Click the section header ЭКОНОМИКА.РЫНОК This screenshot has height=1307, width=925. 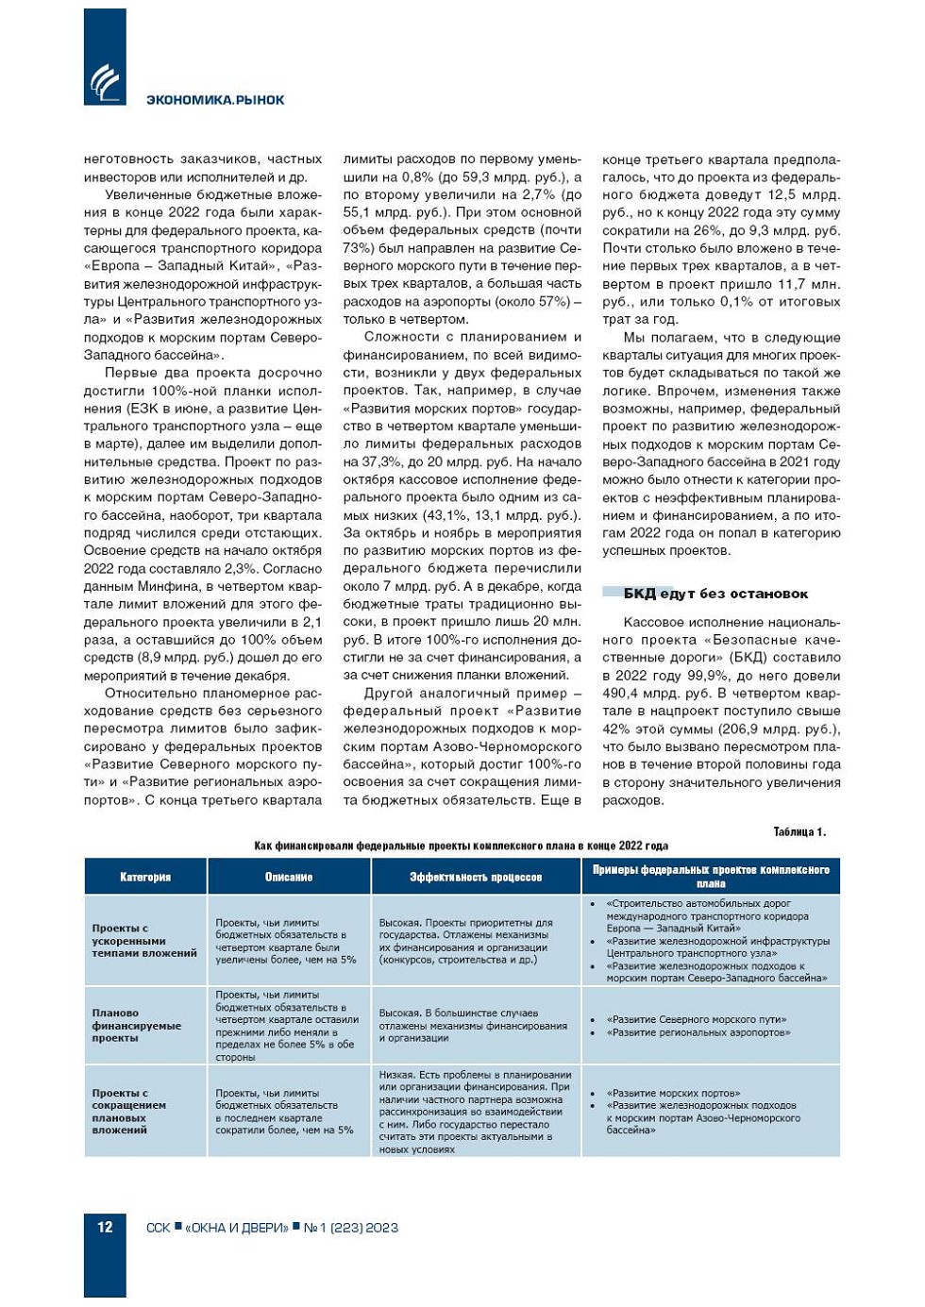click(x=215, y=100)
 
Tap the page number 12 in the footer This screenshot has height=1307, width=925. click(x=105, y=1227)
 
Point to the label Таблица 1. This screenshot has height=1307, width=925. click(x=799, y=831)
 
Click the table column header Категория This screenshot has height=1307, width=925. click(x=145, y=877)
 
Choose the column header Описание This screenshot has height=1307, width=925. click(x=289, y=877)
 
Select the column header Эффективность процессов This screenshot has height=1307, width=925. click(x=476, y=877)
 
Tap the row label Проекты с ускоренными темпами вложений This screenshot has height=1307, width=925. click(x=143, y=941)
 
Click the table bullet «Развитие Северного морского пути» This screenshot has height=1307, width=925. click(x=697, y=1019)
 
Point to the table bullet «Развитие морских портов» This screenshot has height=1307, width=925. click(x=673, y=1093)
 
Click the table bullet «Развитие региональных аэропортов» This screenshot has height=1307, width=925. click(x=698, y=1032)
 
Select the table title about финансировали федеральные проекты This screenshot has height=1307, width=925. click(x=461, y=846)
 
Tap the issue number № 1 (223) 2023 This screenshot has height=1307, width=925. click(x=351, y=1228)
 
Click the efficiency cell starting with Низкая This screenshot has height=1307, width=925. click(x=475, y=1112)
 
